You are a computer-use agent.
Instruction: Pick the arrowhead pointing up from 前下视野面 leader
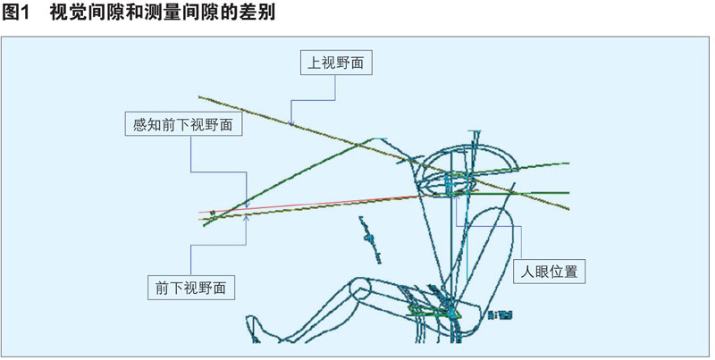[x=246, y=219]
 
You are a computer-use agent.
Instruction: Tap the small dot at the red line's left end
[x=213, y=213]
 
